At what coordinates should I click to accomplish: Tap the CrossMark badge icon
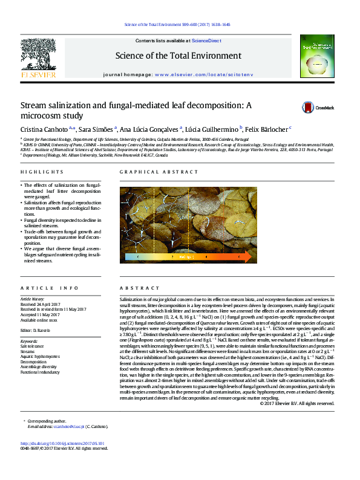(309, 108)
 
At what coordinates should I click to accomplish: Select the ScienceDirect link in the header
(206, 41)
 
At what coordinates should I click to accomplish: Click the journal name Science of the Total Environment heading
(180, 56)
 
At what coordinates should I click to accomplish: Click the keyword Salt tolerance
(33, 346)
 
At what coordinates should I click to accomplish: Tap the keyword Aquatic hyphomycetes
(40, 355)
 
